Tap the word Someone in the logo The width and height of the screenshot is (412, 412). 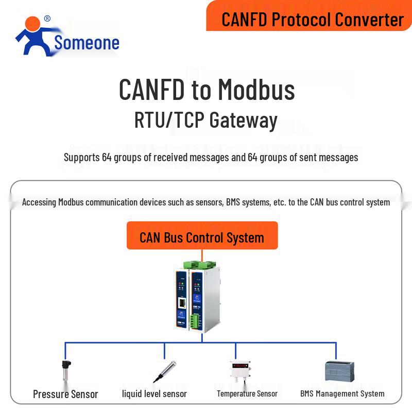click(87, 43)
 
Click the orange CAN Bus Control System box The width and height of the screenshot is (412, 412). click(202, 237)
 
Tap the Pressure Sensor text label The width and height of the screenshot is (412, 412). click(65, 394)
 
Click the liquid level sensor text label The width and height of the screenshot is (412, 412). click(154, 394)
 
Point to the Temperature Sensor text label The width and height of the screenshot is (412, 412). click(247, 394)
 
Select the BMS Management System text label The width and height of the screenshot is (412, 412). click(342, 394)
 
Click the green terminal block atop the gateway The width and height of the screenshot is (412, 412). click(201, 264)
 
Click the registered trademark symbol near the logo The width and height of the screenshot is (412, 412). click(47, 19)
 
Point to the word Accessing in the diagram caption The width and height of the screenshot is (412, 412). click(39, 202)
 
